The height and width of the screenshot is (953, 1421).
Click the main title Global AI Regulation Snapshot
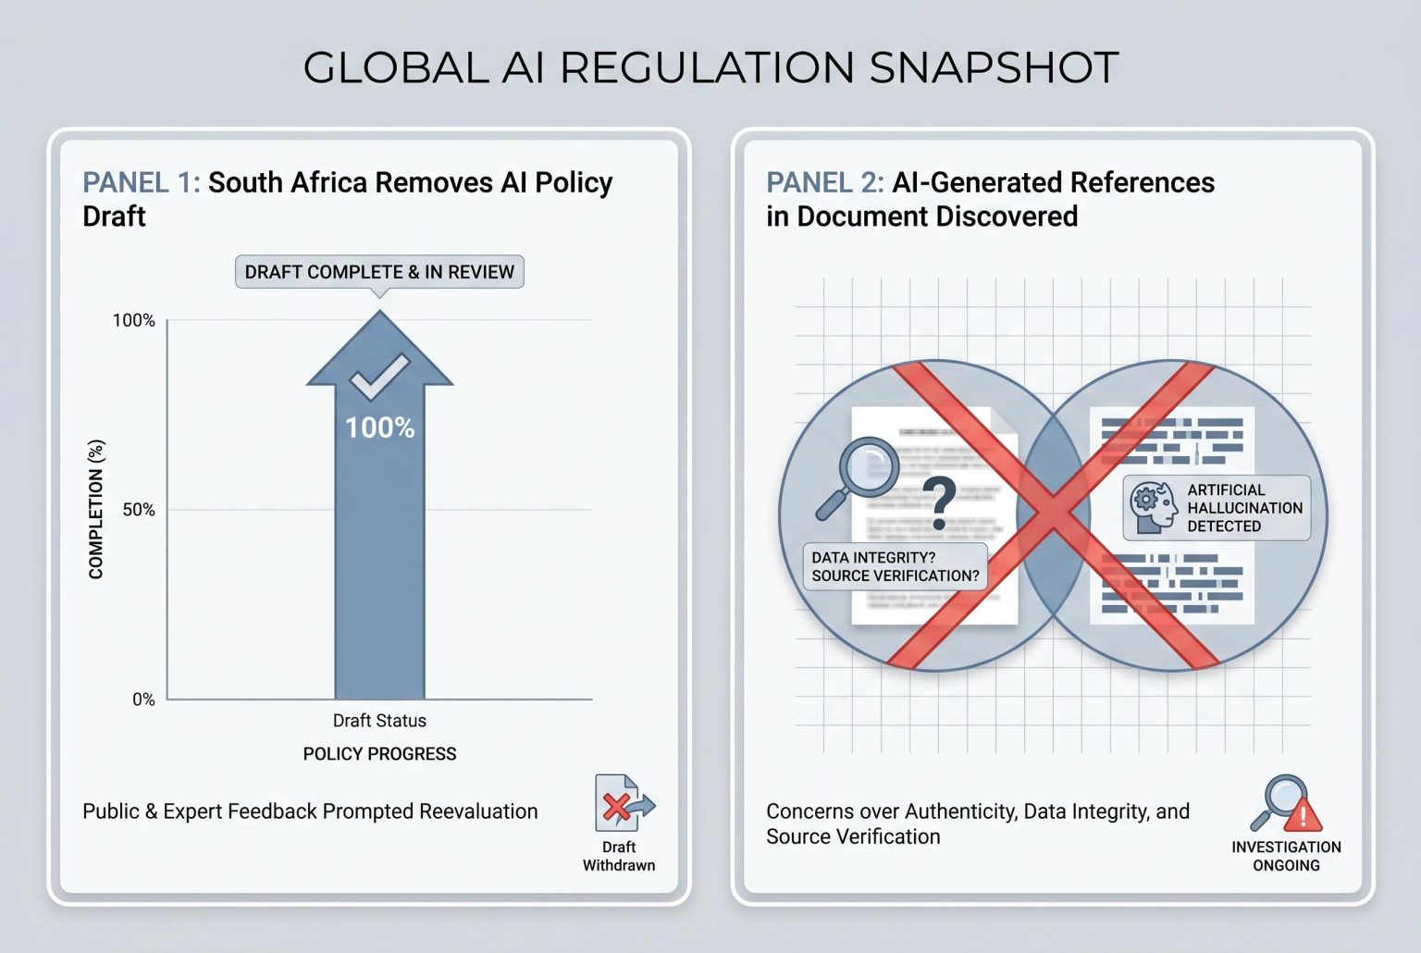coord(710,68)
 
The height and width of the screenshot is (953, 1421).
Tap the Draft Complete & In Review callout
coord(379,272)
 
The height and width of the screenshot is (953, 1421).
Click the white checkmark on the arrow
coord(379,377)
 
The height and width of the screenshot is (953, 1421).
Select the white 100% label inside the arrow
coord(379,427)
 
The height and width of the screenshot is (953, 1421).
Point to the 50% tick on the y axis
coord(139,510)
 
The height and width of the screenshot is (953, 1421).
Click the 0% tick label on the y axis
coord(143,699)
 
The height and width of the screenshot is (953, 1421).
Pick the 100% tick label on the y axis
coord(134,321)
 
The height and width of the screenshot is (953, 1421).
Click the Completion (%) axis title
coord(96,510)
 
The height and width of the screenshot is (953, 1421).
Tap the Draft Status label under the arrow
coord(379,721)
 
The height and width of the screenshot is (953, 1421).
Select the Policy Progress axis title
coord(379,754)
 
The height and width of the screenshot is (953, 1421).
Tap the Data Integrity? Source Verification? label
coord(895,566)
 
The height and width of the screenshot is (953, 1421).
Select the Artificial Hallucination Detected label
coord(1243,508)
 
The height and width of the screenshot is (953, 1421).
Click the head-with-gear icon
coord(1153,507)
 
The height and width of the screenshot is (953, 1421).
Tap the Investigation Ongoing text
coord(1286,856)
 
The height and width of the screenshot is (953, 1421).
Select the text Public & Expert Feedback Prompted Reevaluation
coord(310,811)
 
